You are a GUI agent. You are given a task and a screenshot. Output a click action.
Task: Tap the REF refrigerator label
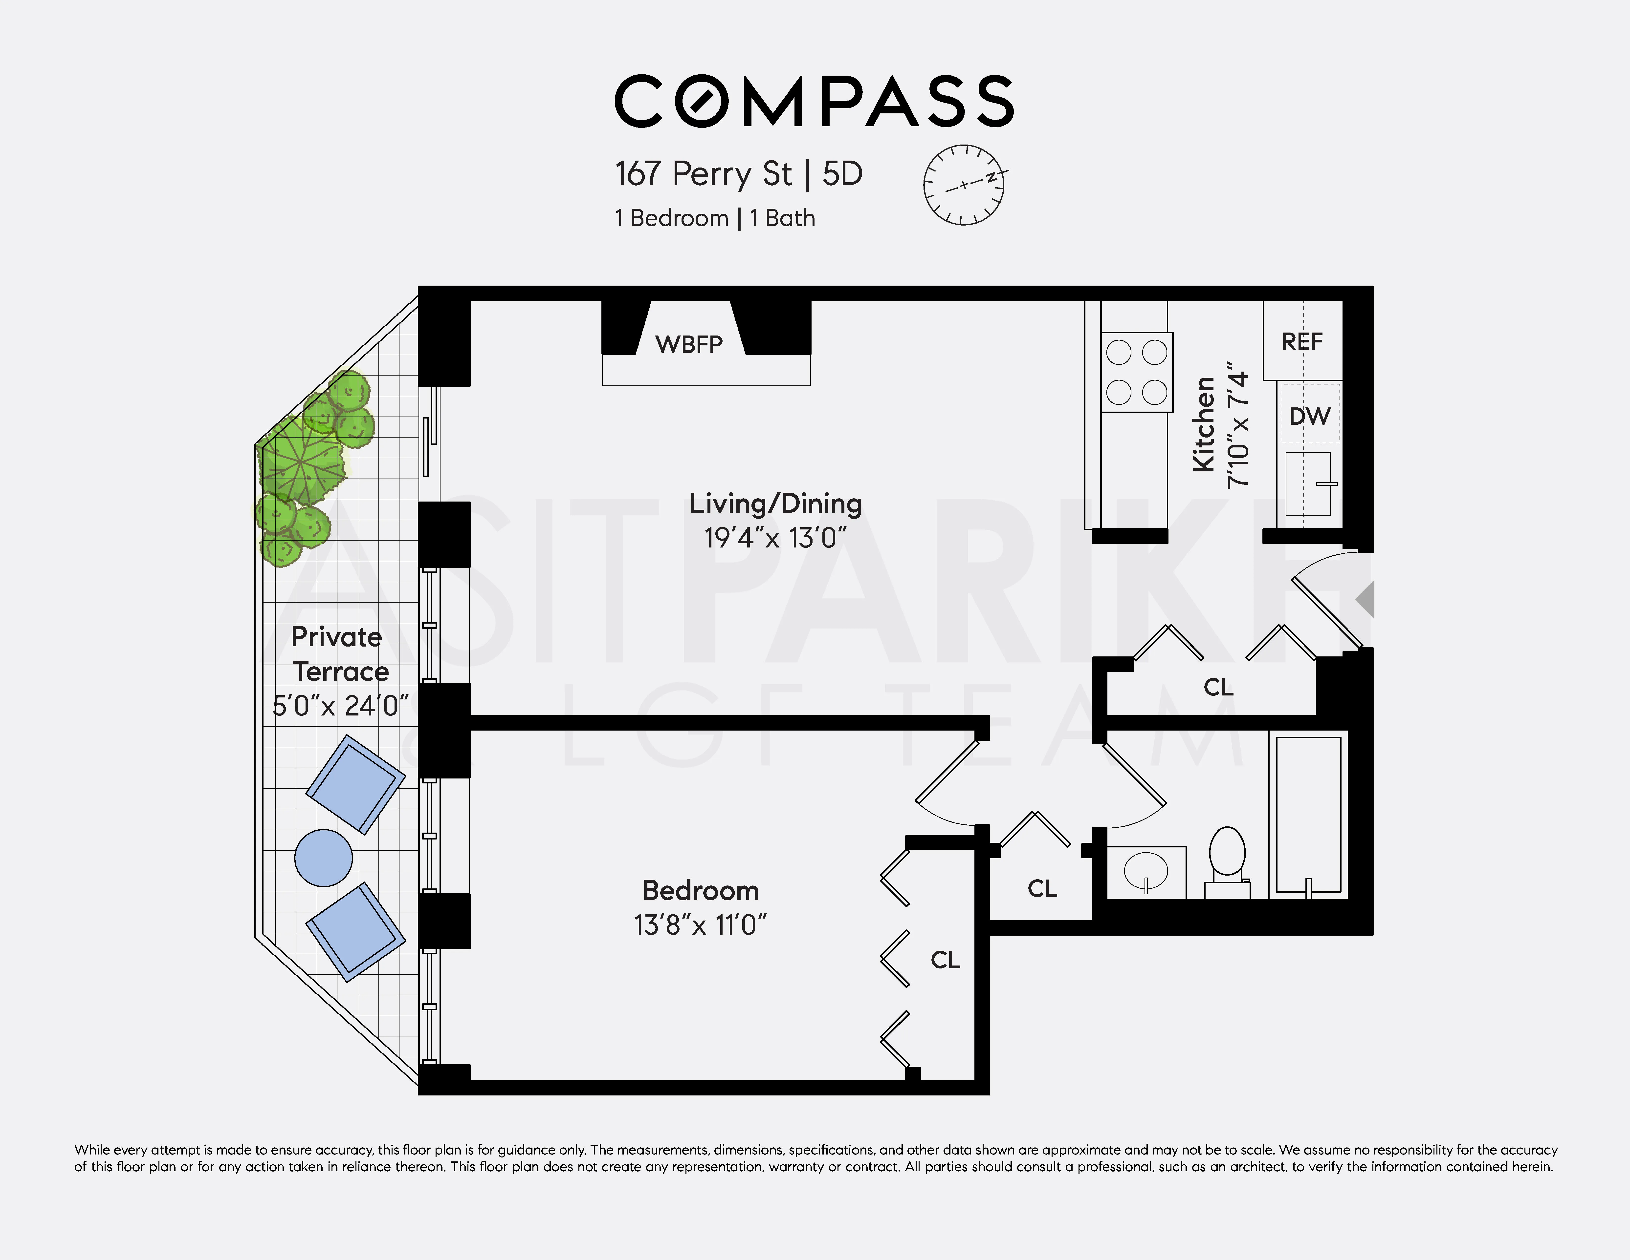pyautogui.click(x=1302, y=342)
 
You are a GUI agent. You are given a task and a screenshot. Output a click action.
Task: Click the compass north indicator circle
pyautogui.click(x=964, y=185)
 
